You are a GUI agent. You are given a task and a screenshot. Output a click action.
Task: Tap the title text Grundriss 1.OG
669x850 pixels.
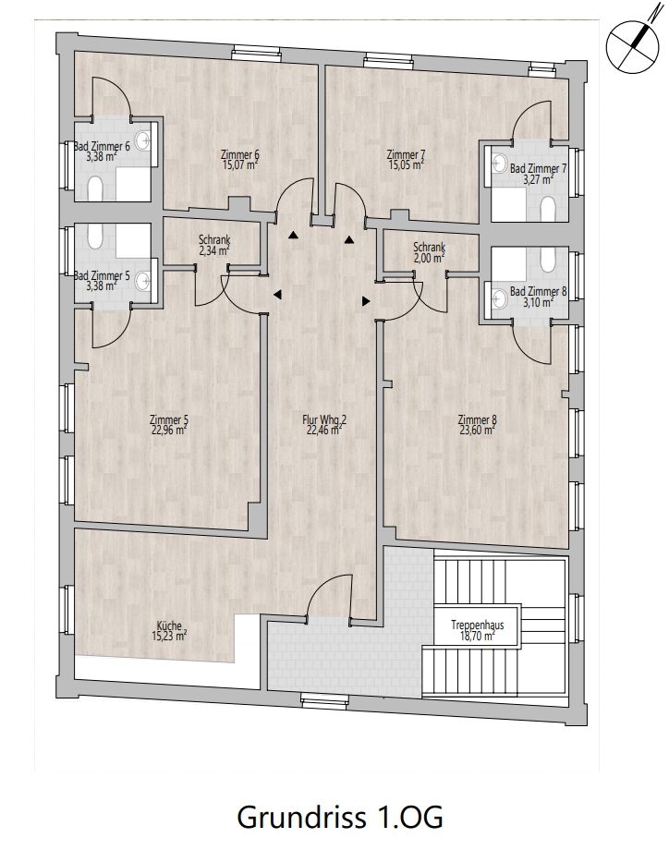tap(340, 817)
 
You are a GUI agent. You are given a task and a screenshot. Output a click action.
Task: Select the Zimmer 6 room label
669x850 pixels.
tap(240, 154)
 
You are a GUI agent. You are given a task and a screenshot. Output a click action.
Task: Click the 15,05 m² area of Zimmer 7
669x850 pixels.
tap(406, 164)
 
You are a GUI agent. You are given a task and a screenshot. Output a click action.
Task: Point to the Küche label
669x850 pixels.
tap(169, 625)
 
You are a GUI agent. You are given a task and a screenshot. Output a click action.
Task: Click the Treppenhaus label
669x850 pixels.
tap(478, 625)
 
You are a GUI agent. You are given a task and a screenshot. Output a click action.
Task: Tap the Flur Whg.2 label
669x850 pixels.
tap(324, 419)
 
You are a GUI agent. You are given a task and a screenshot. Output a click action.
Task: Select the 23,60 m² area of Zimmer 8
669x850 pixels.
tap(478, 430)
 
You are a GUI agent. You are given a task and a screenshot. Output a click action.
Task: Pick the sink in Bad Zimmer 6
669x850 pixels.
tap(143, 141)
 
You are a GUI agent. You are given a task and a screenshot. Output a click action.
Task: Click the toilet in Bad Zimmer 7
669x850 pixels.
tap(548, 208)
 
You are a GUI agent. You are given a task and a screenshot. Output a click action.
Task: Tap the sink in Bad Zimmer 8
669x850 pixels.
tap(499, 297)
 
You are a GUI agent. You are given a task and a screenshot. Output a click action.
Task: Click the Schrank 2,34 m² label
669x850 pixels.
tap(214, 245)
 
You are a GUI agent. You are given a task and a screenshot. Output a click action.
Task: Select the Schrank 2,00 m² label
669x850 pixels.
tap(430, 252)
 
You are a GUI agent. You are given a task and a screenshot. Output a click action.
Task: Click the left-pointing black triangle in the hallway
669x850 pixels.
tap(277, 295)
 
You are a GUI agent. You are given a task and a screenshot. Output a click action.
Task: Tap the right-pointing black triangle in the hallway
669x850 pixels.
tap(366, 301)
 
